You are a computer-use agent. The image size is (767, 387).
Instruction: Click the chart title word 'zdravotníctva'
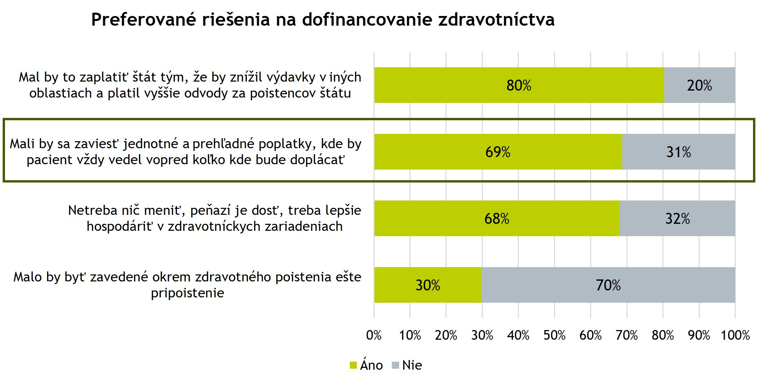point(496,20)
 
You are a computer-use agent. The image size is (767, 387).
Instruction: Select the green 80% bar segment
point(519,85)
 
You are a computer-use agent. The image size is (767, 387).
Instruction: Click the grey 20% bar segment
point(699,85)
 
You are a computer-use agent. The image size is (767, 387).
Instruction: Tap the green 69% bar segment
point(498,152)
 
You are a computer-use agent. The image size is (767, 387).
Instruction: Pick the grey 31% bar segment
point(678,152)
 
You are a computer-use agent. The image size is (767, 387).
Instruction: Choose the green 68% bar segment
point(496,218)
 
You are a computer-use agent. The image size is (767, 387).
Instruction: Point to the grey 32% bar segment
point(677,218)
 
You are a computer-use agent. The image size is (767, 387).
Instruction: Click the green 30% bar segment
point(428,285)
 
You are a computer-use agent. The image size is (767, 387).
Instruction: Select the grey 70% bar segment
point(608,285)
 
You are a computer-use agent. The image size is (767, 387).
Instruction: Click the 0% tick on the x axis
point(374,335)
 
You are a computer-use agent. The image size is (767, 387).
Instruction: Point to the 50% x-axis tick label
point(554,335)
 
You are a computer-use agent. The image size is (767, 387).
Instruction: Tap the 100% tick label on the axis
point(735,335)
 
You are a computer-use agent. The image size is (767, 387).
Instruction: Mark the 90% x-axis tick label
point(699,335)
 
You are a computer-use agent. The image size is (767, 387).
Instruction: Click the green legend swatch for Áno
point(353,365)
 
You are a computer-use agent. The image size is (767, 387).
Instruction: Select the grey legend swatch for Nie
point(395,365)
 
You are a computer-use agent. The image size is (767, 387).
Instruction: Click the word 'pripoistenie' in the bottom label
point(187,293)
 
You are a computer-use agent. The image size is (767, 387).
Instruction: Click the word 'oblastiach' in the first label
point(60,93)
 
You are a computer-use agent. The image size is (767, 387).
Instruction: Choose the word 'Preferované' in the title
point(144,20)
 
